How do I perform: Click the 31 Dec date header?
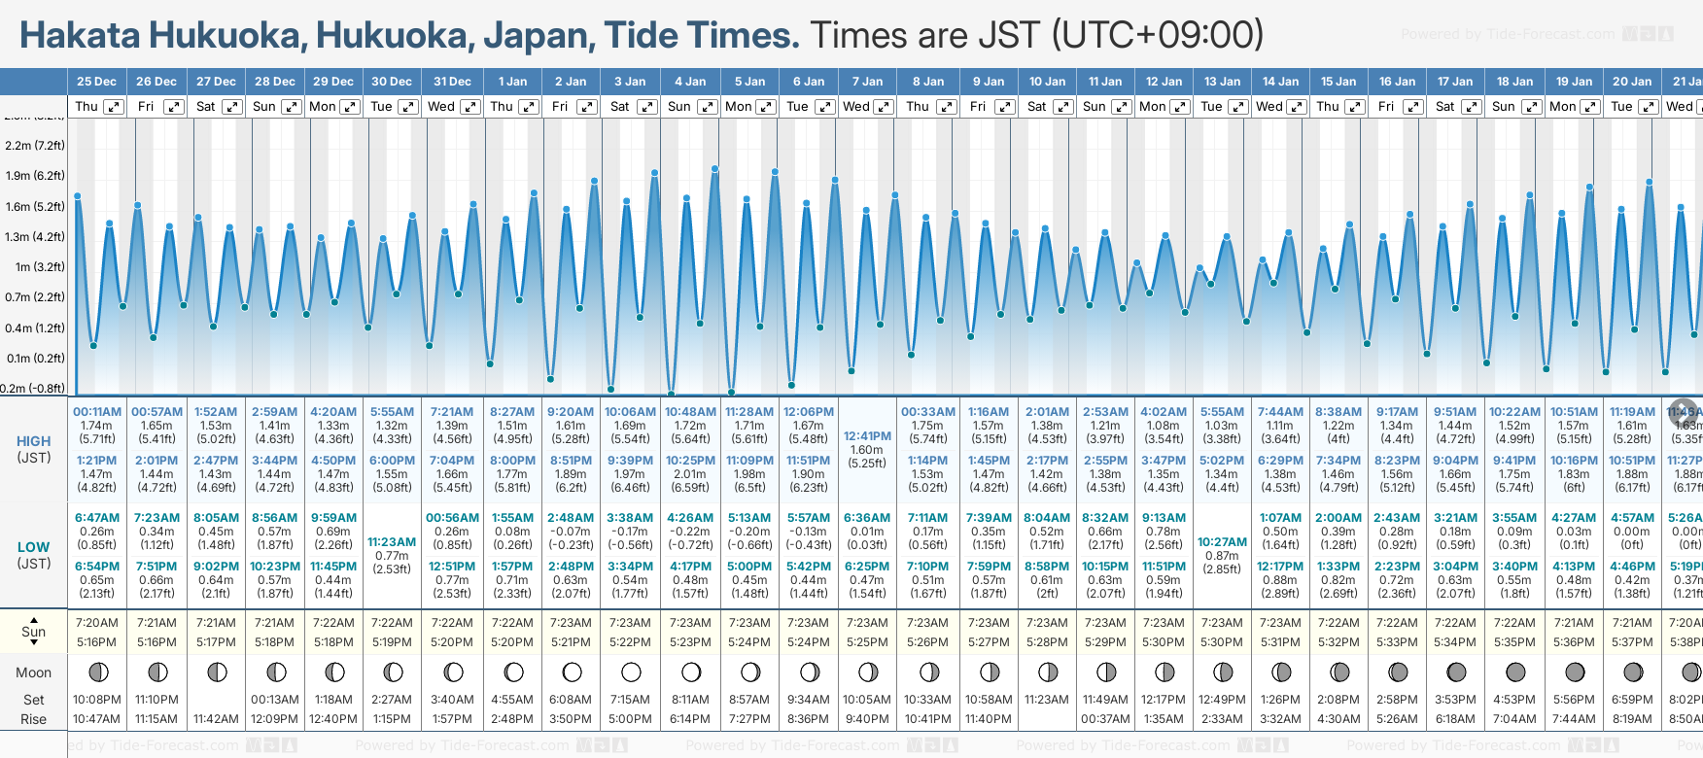click(x=452, y=82)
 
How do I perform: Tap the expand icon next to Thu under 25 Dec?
click(x=114, y=107)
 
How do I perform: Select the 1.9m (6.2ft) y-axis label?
click(x=35, y=176)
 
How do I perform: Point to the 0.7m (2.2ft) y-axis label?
click(x=35, y=297)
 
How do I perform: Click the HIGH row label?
click(x=33, y=441)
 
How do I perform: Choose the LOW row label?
click(x=33, y=547)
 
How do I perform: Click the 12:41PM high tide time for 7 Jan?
click(x=867, y=436)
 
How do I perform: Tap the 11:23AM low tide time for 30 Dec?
click(x=392, y=542)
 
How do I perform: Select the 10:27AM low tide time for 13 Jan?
click(x=1222, y=542)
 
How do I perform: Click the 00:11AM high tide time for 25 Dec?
click(x=97, y=412)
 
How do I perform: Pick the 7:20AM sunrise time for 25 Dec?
click(x=96, y=623)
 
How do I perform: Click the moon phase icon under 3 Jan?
click(x=631, y=672)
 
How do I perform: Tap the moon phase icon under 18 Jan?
click(x=1514, y=672)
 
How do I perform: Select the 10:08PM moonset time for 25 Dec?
click(x=96, y=700)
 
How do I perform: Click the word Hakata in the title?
click(x=80, y=36)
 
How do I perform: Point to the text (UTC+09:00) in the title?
click(x=1157, y=36)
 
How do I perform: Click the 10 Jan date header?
click(x=1047, y=82)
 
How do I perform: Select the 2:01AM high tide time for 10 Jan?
click(x=1047, y=412)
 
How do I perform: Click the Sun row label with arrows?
click(x=33, y=632)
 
